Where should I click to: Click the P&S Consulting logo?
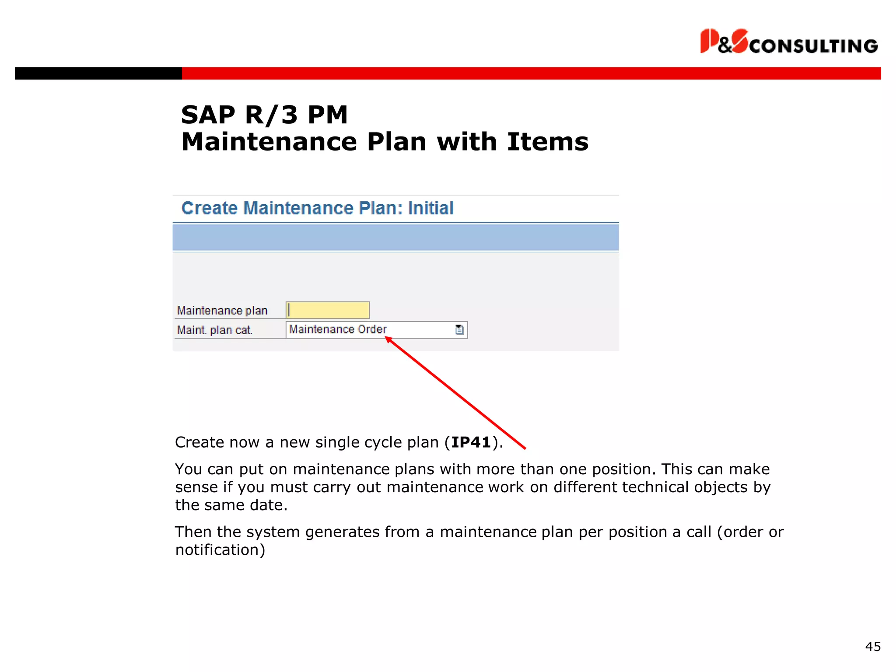tap(788, 42)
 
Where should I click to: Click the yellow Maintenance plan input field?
tap(328, 310)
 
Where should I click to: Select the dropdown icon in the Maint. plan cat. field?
tap(459, 329)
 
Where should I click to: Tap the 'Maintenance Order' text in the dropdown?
tap(338, 329)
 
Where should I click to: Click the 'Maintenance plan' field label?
tap(222, 311)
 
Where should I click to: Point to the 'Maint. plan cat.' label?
tap(215, 330)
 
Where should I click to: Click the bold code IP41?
tap(471, 442)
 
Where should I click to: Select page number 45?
tap(873, 647)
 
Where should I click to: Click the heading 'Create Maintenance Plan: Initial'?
tap(317, 208)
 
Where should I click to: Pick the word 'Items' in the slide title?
tap(548, 142)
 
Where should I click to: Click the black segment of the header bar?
tap(98, 73)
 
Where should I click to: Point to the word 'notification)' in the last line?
tap(220, 550)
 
